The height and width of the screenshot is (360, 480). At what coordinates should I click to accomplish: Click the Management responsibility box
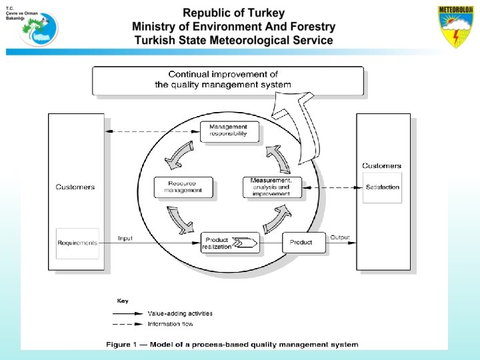pos(228,131)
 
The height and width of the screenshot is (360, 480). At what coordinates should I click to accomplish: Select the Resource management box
pos(183,187)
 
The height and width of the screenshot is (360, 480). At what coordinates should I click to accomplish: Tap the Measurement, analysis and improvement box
pos(271,187)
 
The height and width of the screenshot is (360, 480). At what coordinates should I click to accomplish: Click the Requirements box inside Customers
pos(77,243)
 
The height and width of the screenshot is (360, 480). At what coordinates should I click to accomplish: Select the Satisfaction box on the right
pos(383,187)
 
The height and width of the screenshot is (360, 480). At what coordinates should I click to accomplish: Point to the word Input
pos(125,238)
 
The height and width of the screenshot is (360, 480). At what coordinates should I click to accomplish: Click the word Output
pos(340,237)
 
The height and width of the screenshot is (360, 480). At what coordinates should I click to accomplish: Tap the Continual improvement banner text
pos(223,79)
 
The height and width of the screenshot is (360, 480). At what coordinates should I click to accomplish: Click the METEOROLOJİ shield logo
pos(457,27)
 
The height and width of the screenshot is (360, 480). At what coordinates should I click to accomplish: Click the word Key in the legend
pos(123,301)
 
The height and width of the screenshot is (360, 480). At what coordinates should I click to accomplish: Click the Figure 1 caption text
pos(233,345)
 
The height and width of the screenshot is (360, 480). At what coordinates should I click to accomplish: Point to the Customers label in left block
pos(75,187)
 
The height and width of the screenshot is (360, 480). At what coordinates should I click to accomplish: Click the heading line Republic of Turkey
pos(233,13)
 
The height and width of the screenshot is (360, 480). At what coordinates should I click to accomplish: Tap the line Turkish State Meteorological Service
pos(233,40)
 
